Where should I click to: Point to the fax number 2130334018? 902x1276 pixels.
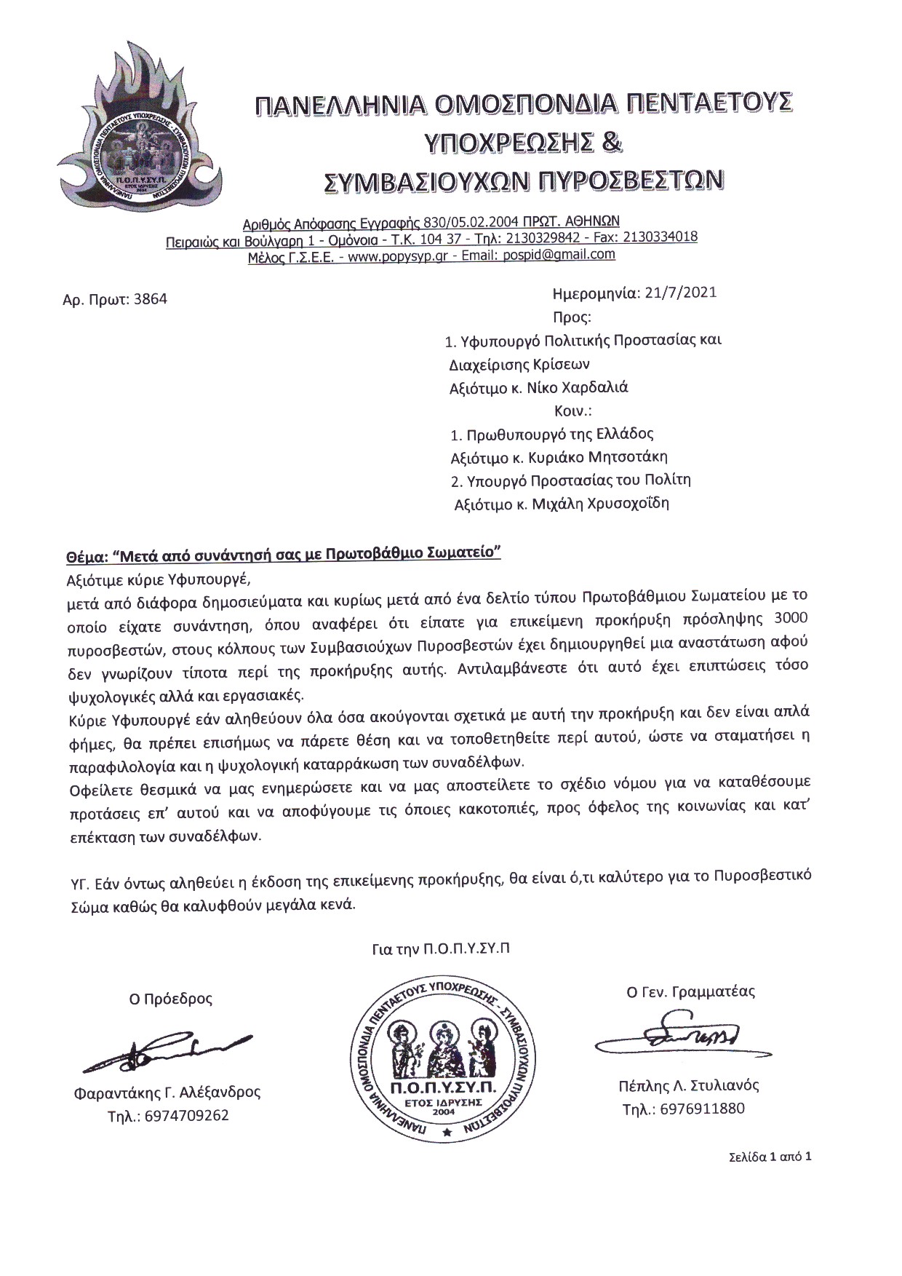pos(658,237)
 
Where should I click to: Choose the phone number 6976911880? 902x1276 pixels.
pos(703,1109)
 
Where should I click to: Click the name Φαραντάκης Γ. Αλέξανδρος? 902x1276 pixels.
pos(167,1092)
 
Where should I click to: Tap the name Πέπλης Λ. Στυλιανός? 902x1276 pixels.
pos(684,1085)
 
